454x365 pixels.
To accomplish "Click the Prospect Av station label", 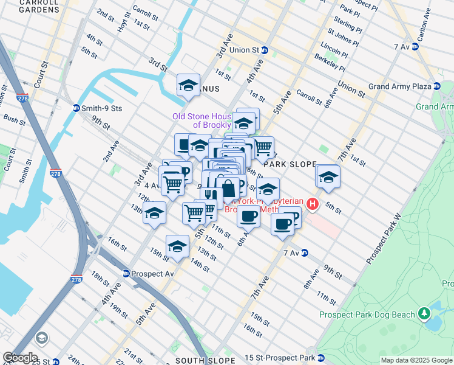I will coord(149,273).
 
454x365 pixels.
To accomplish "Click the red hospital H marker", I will coord(313,204).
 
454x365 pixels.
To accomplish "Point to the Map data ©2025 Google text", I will coord(416,360).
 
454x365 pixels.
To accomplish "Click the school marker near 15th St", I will coord(177,246).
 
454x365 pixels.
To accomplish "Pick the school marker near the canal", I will coord(188,86).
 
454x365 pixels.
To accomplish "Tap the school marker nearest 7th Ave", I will coord(328,177).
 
